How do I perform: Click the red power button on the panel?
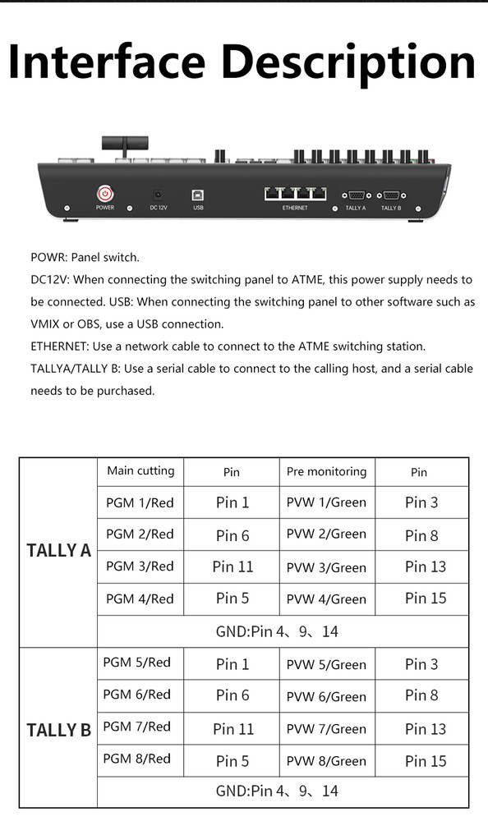tap(105, 194)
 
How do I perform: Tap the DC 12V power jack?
tap(158, 195)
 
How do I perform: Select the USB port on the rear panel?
tap(198, 195)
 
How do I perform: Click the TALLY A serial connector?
tap(356, 195)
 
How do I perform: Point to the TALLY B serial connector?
tap(391, 195)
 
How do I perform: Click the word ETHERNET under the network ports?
tap(295, 209)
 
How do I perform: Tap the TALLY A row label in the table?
tap(58, 551)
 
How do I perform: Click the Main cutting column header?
tap(140, 471)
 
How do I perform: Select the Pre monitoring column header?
tap(326, 472)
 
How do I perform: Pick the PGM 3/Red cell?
tap(140, 566)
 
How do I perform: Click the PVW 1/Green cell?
tap(326, 502)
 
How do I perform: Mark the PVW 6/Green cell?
tap(326, 696)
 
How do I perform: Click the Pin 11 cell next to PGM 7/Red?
tap(233, 728)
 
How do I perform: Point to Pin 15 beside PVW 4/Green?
tap(426, 599)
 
